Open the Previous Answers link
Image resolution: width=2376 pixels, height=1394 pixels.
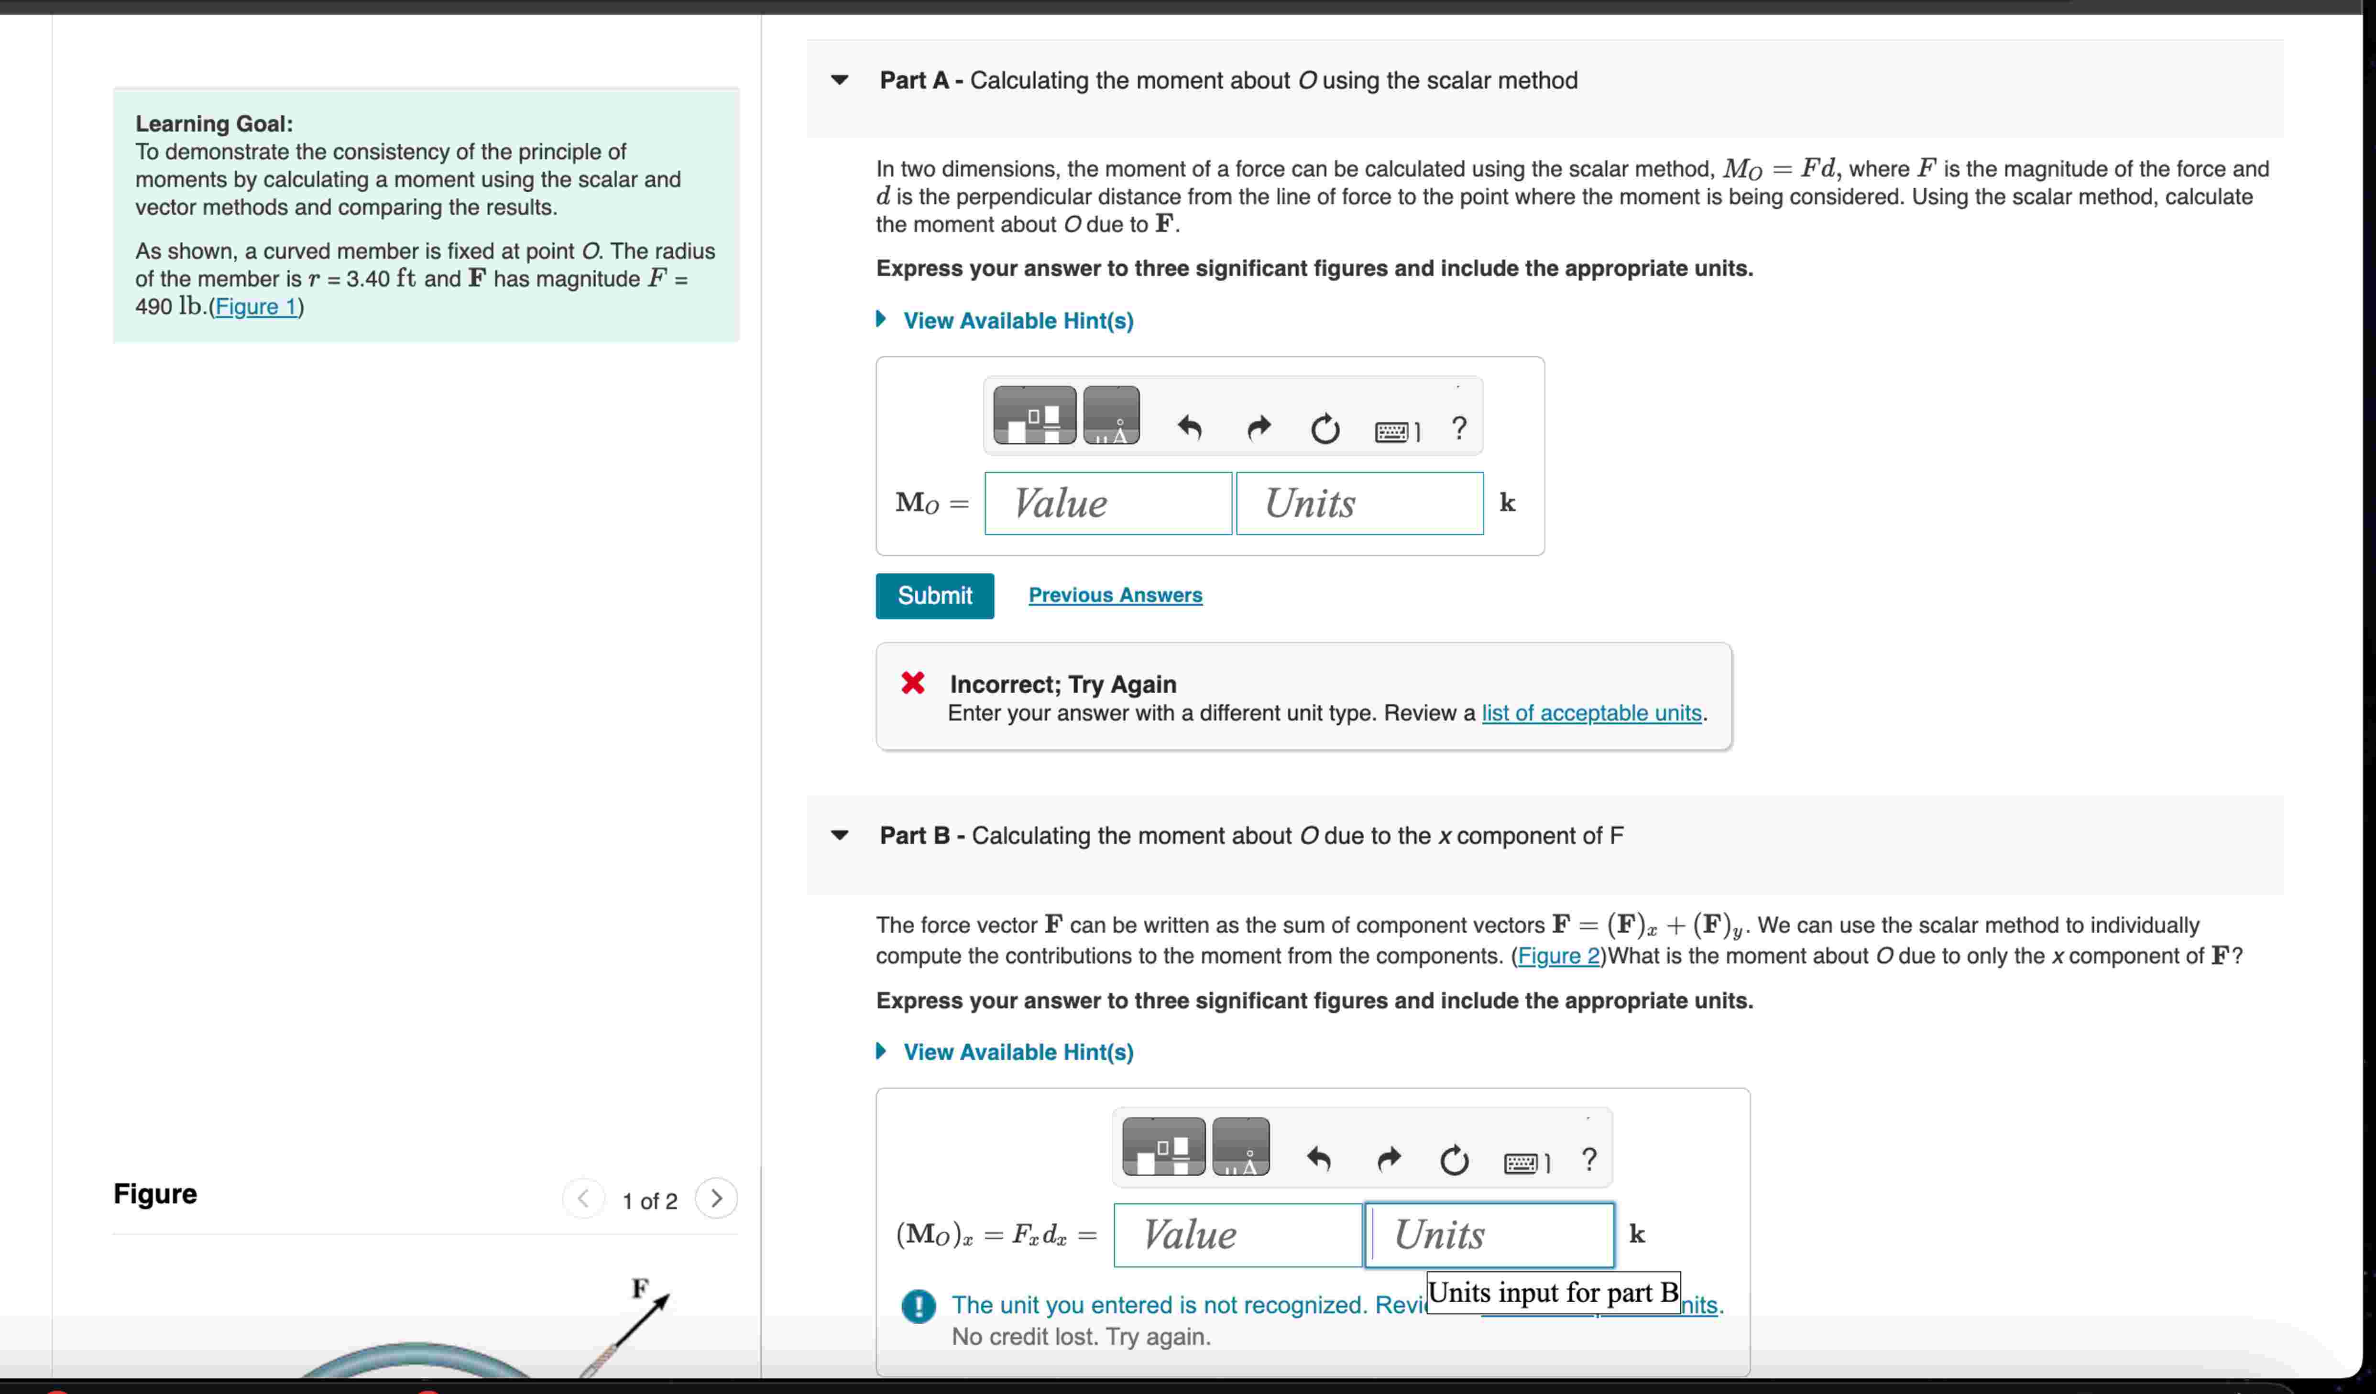pos(1115,596)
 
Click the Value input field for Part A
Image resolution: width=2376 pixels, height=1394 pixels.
pos(1108,503)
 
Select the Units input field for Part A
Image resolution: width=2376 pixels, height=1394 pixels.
pos(1358,503)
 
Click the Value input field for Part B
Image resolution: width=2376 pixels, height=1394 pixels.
pos(1237,1235)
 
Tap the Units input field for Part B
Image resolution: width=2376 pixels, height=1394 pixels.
pos(1489,1235)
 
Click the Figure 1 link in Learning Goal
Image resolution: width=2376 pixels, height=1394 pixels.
pos(255,307)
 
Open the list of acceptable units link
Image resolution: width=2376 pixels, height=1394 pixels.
pos(1590,714)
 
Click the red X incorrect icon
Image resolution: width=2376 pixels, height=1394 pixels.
pos(913,683)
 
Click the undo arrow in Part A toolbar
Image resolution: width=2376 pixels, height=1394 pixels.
pos(1190,429)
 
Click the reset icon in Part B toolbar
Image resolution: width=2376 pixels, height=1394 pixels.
pos(1454,1160)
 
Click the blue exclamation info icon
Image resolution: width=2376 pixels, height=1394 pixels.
pos(919,1307)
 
